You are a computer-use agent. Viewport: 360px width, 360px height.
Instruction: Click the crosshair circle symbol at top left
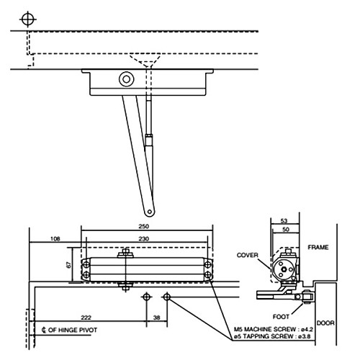(28, 18)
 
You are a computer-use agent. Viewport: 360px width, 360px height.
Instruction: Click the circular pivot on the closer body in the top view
(127, 79)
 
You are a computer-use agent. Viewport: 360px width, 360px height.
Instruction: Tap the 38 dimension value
(156, 317)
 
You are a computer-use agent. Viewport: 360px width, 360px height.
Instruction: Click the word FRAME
(318, 247)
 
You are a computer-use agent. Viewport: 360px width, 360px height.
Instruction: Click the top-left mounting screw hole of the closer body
(86, 263)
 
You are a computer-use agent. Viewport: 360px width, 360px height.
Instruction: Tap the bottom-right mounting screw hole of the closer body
(209, 275)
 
